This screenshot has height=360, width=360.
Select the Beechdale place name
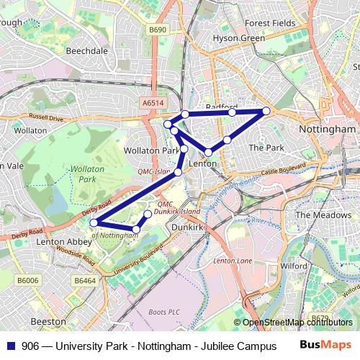tap(87, 51)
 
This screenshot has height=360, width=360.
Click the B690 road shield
tap(157, 30)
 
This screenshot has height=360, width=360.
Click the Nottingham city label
tap(326, 129)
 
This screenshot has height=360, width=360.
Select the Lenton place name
tap(202, 164)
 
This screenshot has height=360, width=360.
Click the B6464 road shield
tap(85, 280)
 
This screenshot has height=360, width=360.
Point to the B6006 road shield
tap(28, 280)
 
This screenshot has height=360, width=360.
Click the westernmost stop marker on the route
tap(94, 222)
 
